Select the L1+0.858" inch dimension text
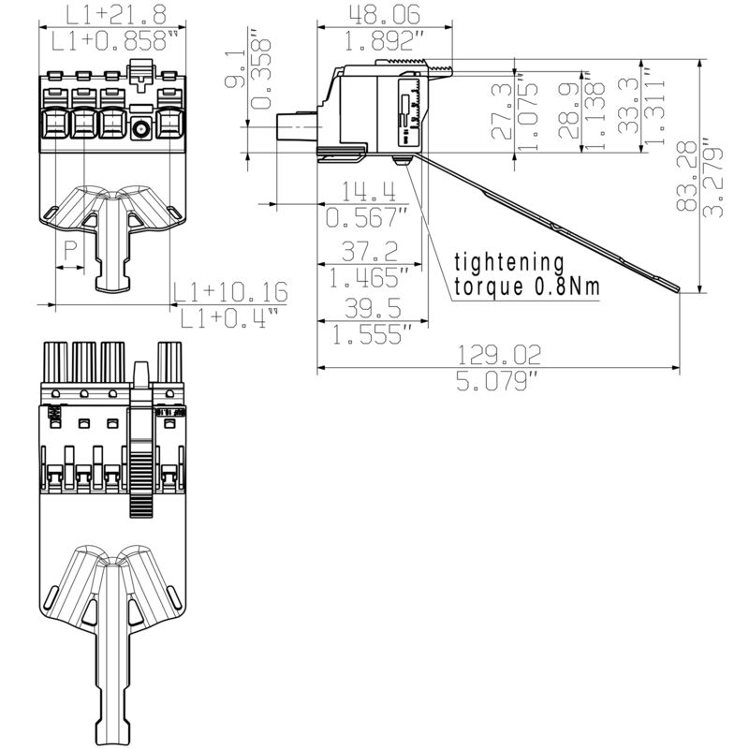click(114, 40)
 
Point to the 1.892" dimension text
click(384, 40)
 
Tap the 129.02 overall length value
click(498, 354)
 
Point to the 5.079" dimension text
click(498, 381)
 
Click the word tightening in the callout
click(509, 262)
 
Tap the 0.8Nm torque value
click(565, 287)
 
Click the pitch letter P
click(70, 250)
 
